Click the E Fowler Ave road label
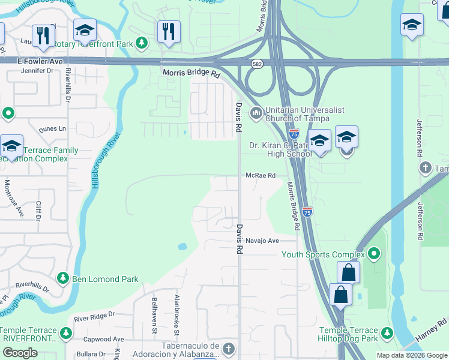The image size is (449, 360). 40,61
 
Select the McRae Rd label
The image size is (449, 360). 260,176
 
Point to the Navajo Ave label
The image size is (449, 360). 262,241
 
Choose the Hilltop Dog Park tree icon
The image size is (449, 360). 387,332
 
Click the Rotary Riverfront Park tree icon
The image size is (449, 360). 142,43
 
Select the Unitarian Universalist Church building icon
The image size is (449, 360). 256,112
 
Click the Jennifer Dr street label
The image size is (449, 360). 37,71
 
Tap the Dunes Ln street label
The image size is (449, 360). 53,128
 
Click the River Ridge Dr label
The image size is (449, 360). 95,315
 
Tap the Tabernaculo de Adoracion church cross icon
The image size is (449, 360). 228,349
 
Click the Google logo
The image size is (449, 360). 19,353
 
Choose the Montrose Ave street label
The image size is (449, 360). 8,199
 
